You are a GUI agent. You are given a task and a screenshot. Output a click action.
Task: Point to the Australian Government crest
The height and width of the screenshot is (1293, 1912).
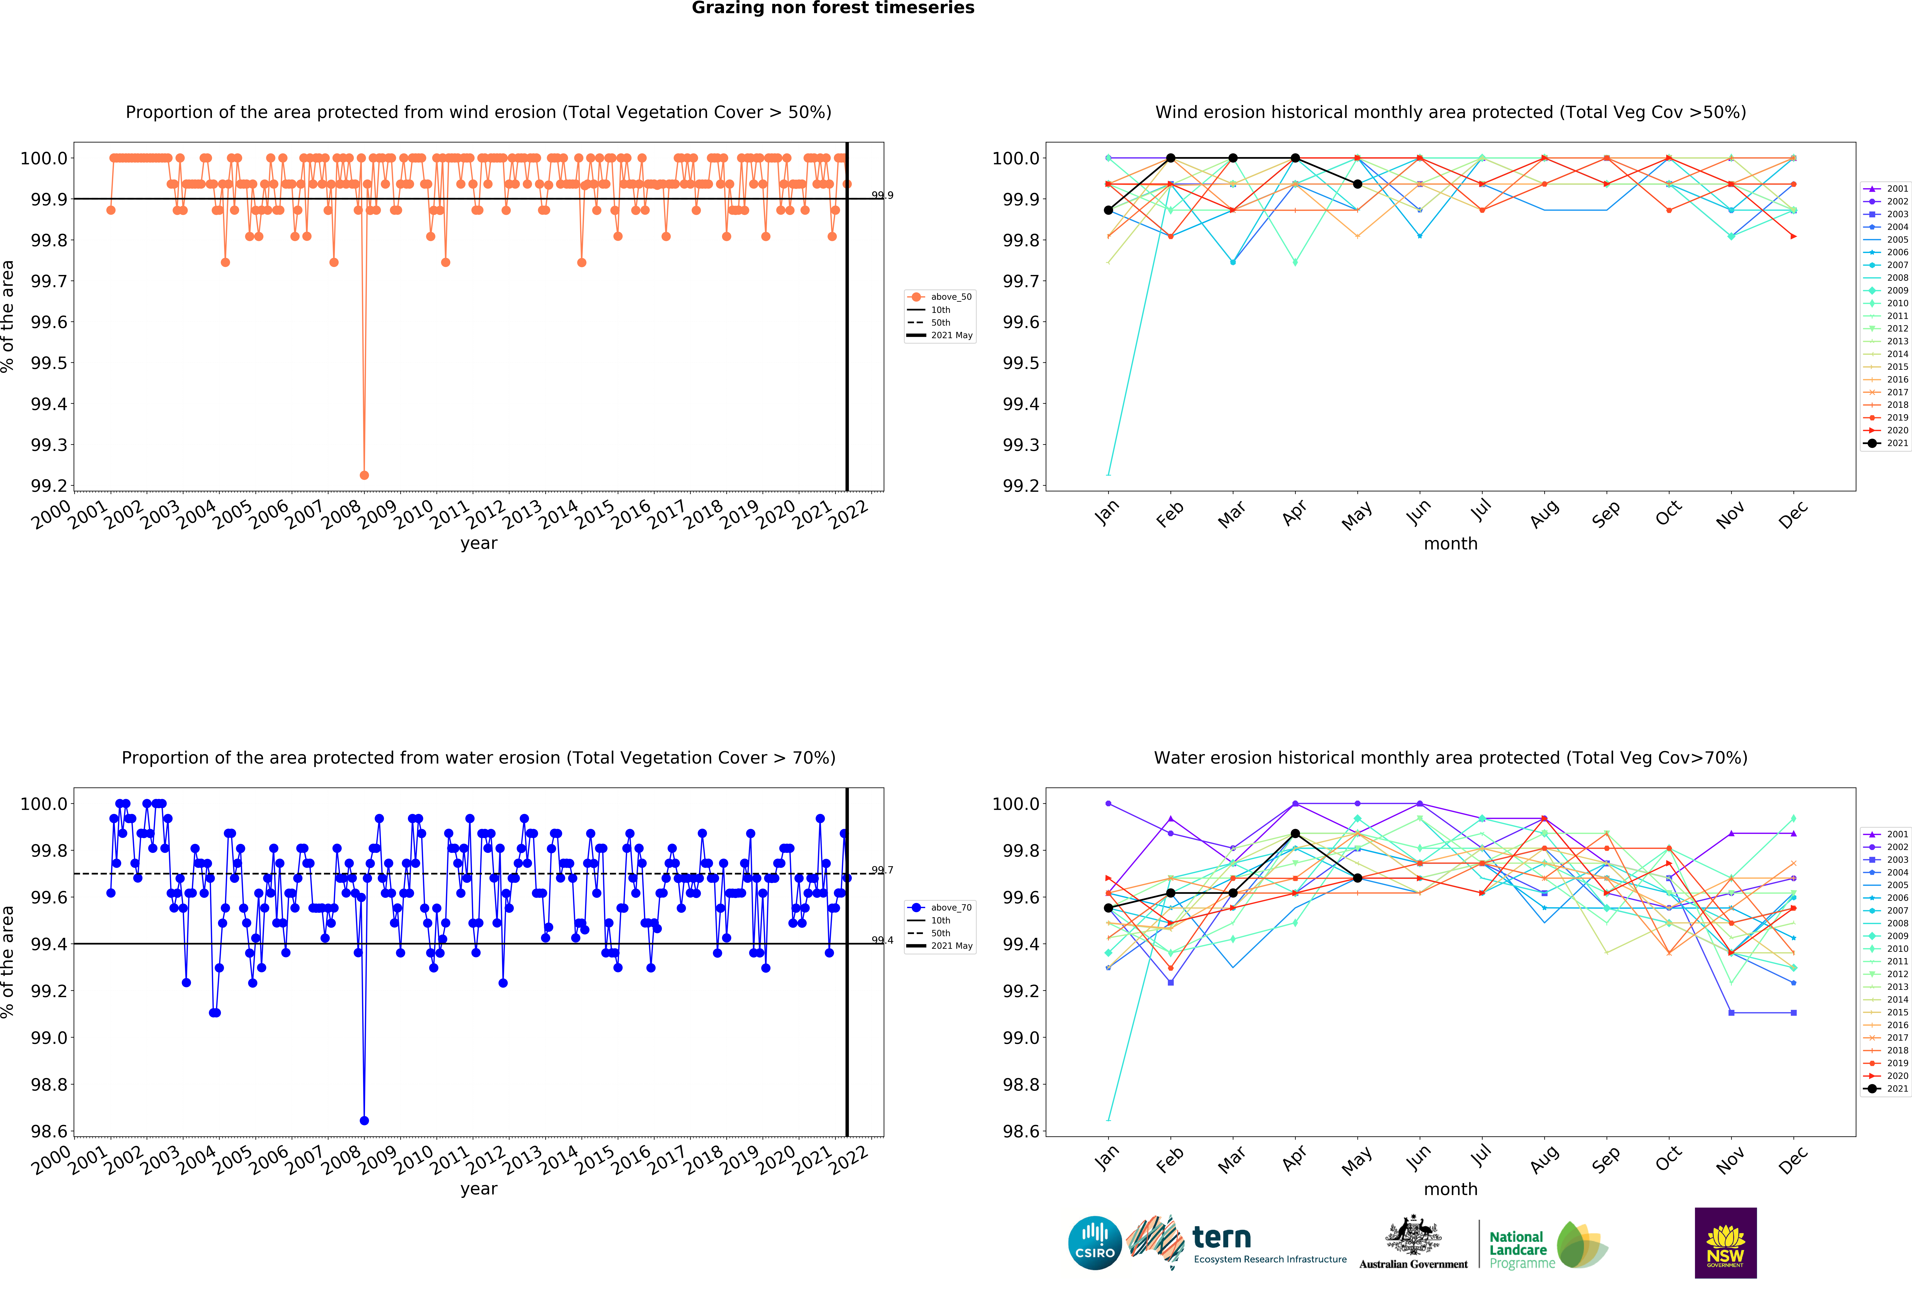tap(1413, 1235)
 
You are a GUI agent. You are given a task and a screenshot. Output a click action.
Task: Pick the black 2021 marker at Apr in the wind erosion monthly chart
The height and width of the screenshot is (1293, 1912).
tap(1295, 158)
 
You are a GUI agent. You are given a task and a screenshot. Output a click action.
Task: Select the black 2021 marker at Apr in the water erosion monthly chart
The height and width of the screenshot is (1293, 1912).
tap(1295, 834)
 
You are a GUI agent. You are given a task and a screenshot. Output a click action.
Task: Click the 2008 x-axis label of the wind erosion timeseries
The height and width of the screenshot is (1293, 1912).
tap(339, 516)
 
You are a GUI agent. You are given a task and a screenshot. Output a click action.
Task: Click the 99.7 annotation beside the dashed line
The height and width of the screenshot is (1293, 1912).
tap(882, 870)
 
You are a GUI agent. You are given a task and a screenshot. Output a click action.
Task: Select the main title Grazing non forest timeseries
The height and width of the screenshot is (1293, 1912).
tap(833, 8)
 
